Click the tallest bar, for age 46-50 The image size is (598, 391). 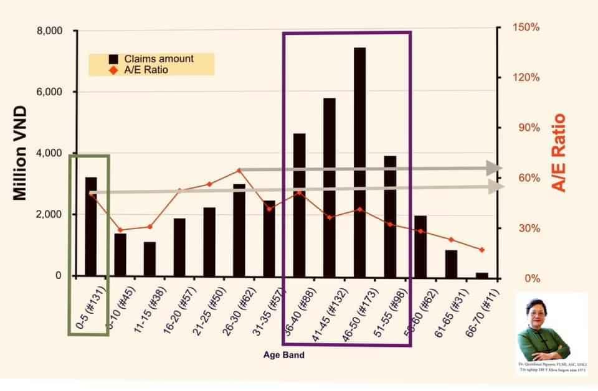(x=359, y=162)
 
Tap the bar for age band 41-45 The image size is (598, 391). (x=330, y=187)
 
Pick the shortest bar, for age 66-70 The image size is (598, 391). (x=482, y=274)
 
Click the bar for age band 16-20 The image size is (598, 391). (x=179, y=247)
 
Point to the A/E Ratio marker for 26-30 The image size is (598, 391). (x=239, y=170)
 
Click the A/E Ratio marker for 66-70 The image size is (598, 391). (x=482, y=250)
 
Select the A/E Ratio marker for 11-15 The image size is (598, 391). (x=149, y=227)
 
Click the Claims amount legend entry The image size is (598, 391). (x=159, y=59)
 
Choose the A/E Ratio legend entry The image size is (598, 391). (x=146, y=70)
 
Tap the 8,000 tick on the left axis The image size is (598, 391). (x=50, y=31)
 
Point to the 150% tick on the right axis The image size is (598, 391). (x=526, y=28)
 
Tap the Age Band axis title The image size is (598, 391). (x=283, y=356)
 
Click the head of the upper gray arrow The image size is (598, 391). (x=495, y=168)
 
